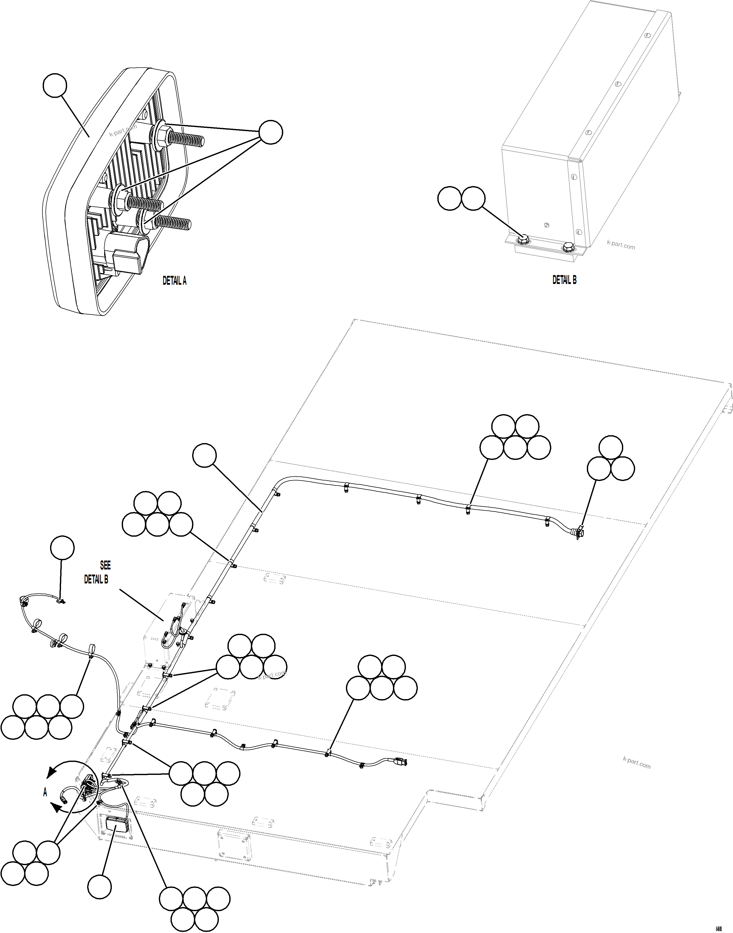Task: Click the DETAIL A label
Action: pyautogui.click(x=174, y=281)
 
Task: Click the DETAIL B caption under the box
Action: pyautogui.click(x=564, y=280)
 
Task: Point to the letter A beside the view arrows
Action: pyautogui.click(x=45, y=793)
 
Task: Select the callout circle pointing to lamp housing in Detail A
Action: pyautogui.click(x=55, y=85)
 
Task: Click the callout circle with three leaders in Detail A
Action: pyautogui.click(x=271, y=132)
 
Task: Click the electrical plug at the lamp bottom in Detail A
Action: pyautogui.click(x=127, y=257)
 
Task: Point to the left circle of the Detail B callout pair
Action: pyautogui.click(x=449, y=198)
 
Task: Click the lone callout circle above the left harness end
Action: pyautogui.click(x=62, y=548)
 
